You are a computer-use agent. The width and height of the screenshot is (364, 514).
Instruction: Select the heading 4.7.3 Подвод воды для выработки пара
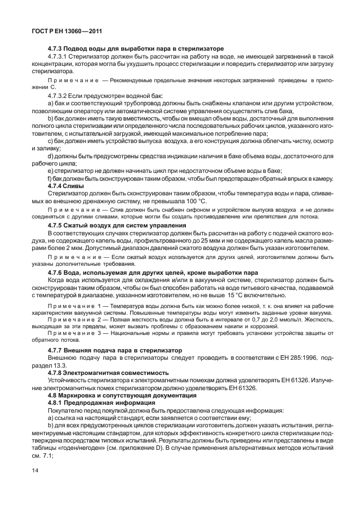click(136, 48)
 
